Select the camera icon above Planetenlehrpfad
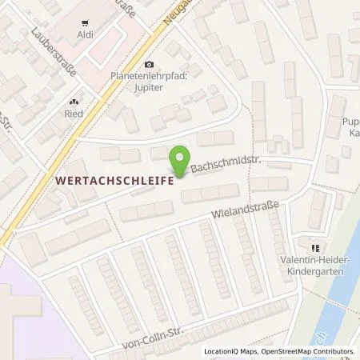(147, 65)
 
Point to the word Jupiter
(147, 88)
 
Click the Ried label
(74, 113)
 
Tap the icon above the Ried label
(74, 101)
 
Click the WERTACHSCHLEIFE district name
(114, 182)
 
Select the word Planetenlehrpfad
(147, 78)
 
